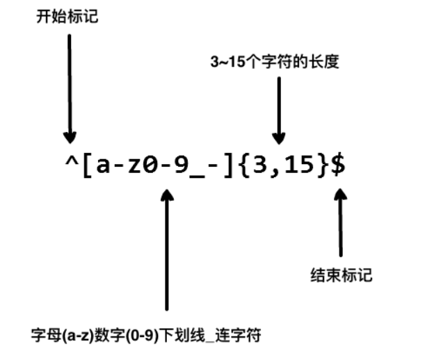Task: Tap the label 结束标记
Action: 341,275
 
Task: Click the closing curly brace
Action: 322,167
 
